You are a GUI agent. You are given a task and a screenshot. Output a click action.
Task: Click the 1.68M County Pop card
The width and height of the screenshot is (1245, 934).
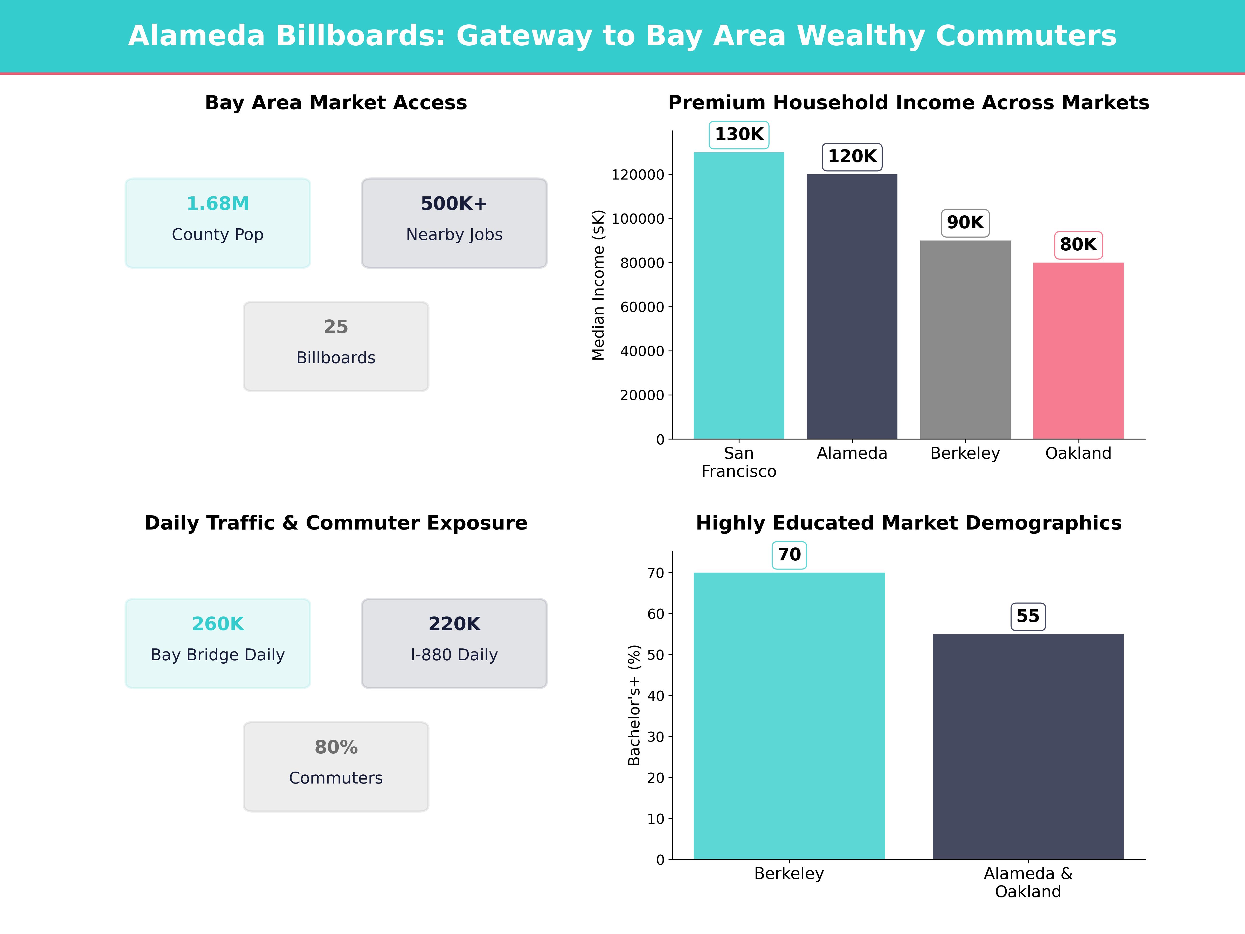[218, 223]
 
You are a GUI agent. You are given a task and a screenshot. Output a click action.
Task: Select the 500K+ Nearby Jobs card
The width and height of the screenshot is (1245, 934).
[454, 223]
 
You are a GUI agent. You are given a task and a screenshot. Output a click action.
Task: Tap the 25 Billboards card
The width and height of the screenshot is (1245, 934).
[336, 346]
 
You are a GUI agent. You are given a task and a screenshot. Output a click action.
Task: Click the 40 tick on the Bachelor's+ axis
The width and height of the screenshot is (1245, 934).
[656, 696]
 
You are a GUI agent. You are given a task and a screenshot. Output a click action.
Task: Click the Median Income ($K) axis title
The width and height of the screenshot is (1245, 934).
[598, 285]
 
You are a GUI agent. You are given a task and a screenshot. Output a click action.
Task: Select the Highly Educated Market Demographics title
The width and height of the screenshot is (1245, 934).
[908, 523]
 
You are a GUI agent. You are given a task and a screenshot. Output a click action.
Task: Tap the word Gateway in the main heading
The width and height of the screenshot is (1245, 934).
[524, 36]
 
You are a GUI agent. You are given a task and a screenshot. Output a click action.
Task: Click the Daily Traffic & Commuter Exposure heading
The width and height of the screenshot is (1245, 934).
[336, 523]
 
